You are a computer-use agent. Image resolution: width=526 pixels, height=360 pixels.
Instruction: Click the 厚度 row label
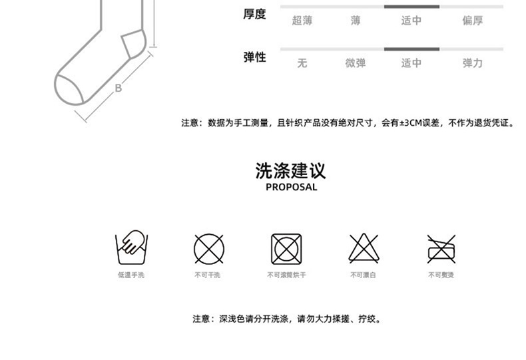point(254,14)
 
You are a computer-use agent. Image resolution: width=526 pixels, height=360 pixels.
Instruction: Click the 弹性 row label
point(254,57)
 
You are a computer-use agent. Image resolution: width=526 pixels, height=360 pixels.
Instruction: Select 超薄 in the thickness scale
point(302,21)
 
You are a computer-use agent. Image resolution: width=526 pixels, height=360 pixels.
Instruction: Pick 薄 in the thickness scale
point(356,21)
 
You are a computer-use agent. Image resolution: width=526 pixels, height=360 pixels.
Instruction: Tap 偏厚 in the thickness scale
point(472,21)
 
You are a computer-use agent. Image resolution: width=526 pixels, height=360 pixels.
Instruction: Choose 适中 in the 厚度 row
point(411,21)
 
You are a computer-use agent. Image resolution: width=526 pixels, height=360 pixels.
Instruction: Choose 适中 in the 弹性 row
point(411,63)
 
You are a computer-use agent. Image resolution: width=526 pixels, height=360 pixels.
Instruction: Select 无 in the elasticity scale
point(302,63)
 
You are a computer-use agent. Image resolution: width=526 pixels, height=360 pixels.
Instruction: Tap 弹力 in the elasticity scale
point(472,63)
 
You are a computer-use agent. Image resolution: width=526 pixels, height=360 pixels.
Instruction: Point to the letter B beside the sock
point(119,87)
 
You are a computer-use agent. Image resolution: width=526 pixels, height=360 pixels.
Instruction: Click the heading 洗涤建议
point(291,170)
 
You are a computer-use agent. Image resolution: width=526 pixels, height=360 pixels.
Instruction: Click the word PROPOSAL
point(291,187)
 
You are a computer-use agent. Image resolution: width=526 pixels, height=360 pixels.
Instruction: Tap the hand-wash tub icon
point(131,248)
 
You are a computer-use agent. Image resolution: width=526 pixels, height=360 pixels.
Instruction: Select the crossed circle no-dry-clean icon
point(208,249)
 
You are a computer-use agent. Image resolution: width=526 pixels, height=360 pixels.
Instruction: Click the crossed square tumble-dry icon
point(286,249)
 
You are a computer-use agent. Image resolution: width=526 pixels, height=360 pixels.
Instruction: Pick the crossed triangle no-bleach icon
point(364,249)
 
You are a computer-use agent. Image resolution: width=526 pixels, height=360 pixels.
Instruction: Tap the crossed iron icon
point(441,249)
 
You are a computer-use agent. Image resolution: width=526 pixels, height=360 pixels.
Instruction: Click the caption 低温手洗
point(131,275)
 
